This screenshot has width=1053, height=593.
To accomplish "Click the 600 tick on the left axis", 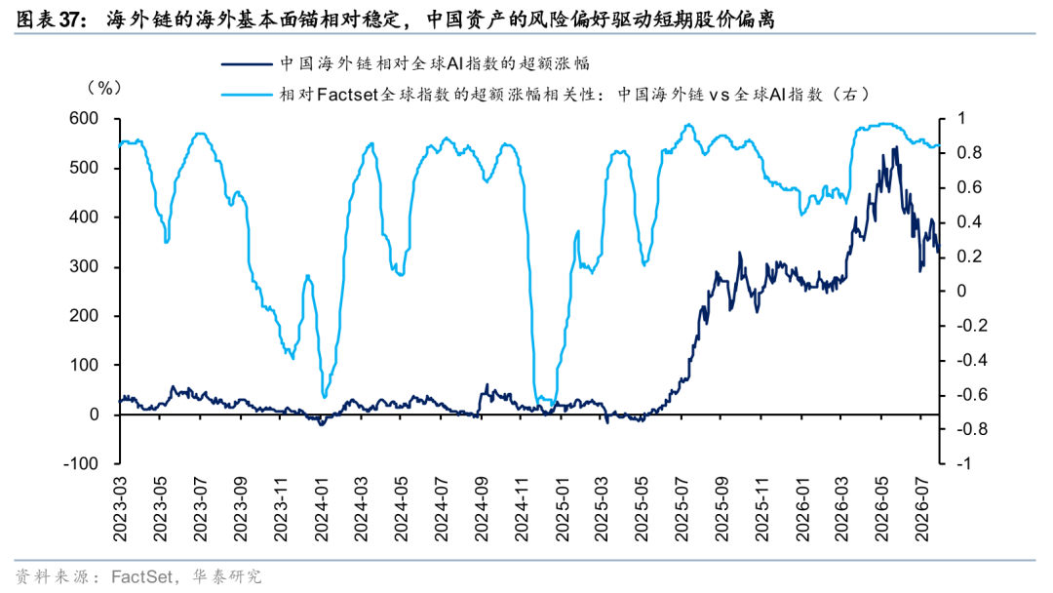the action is point(84,119).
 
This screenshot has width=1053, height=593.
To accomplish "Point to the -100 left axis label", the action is point(81,464).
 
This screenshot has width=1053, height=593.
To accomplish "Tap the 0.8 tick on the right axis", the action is point(969,153).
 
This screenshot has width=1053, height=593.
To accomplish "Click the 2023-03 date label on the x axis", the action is point(120,509).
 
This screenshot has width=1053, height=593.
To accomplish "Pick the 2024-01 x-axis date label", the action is point(321,509).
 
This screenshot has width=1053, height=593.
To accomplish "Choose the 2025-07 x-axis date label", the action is point(682,509).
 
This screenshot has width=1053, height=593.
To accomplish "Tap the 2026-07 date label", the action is point(922,509).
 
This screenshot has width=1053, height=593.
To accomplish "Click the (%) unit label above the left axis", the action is point(104,88).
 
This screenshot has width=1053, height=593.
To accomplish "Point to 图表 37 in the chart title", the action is point(49,20).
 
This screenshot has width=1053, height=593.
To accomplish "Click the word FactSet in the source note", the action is point(141,576).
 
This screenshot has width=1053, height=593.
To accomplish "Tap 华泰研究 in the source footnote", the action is point(226,576).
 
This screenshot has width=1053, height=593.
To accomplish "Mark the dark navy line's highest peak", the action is point(895,147).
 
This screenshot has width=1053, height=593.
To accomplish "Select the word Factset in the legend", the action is point(347,95).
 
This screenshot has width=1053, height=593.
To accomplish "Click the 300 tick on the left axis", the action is point(84,266).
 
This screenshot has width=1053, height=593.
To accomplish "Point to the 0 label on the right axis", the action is point(961,292).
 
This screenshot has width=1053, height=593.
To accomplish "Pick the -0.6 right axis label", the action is point(971,395).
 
